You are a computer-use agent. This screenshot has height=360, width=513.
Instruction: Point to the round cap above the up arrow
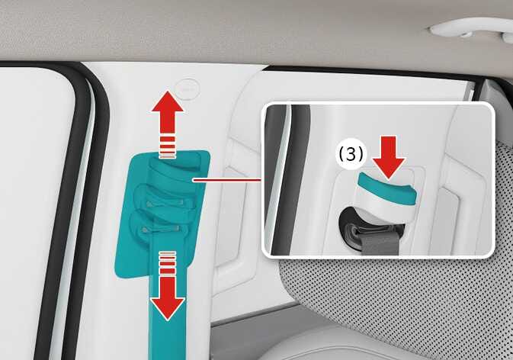pos(185,87)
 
